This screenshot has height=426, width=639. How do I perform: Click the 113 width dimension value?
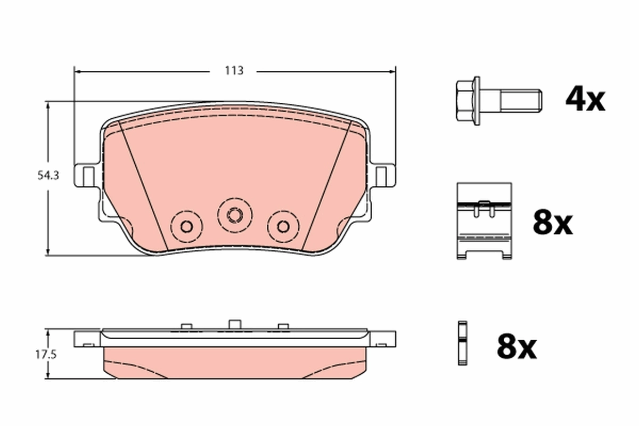click(x=234, y=70)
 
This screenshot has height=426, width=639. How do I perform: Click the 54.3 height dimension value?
click(x=48, y=175)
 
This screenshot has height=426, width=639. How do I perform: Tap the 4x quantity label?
click(x=585, y=100)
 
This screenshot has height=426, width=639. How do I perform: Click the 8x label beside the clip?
click(x=552, y=224)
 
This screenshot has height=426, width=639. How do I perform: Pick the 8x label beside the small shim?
click(x=516, y=347)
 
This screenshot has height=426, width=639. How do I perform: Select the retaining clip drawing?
click(x=484, y=220)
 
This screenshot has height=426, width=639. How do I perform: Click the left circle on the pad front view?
click(x=186, y=226)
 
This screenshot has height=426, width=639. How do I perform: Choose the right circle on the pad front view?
click(x=283, y=226)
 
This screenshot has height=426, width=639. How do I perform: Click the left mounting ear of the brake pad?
click(x=87, y=175)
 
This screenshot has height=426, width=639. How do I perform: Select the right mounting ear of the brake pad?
click(x=382, y=175)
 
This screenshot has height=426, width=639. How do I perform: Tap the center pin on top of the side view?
click(x=234, y=324)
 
